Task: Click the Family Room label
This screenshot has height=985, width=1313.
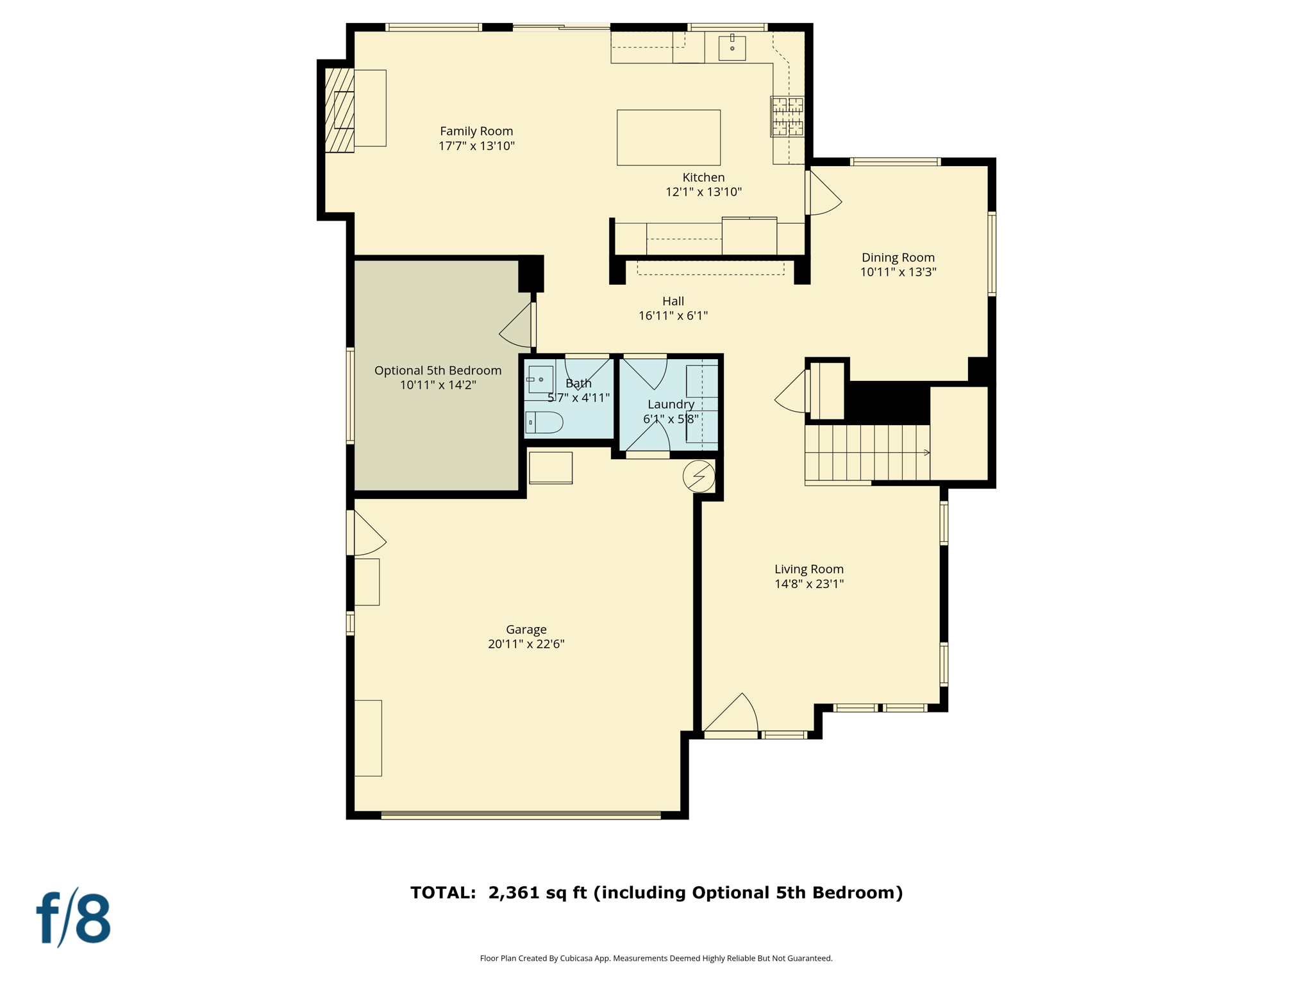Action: click(476, 131)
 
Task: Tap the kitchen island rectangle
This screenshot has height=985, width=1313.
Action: click(668, 137)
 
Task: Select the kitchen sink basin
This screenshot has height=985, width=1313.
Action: click(732, 48)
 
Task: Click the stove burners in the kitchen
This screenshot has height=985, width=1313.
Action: click(787, 116)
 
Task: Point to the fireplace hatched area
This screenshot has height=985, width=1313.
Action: click(339, 110)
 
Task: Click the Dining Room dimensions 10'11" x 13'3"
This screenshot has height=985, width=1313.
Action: click(898, 272)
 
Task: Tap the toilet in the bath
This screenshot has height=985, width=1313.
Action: click(544, 423)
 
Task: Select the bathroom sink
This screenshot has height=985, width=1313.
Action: click(540, 380)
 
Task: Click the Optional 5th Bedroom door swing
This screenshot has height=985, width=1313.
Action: click(517, 327)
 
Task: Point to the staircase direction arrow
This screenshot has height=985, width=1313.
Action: click(926, 453)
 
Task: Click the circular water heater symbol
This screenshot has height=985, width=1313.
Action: click(698, 476)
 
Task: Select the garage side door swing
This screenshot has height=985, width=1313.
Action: click(369, 534)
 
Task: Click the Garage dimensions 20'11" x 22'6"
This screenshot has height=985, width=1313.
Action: click(526, 644)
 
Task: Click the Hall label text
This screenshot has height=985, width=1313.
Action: click(673, 301)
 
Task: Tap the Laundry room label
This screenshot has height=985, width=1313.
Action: click(671, 405)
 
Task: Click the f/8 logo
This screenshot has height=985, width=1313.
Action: click(74, 918)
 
